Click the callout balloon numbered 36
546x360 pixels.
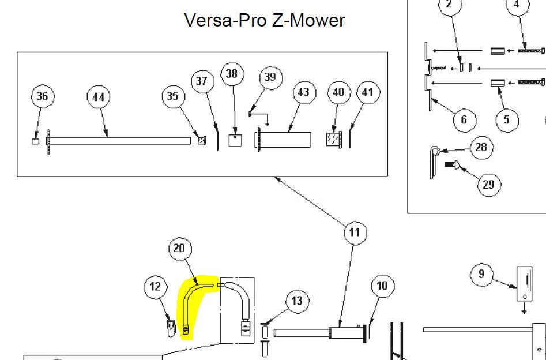43,96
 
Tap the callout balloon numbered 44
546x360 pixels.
98,97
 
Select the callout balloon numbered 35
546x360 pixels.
173,96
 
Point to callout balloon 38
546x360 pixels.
232,74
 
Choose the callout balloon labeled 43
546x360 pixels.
304,92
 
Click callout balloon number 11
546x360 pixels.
355,232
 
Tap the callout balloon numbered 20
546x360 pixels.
180,249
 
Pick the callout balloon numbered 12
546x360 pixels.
155,287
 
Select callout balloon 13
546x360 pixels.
297,301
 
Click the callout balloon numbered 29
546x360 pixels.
488,185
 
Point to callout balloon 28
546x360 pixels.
481,148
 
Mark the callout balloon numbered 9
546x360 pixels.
481,274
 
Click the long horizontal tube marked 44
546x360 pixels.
119,141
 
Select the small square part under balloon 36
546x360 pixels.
36,141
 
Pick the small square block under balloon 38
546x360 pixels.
235,140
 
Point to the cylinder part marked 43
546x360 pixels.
284,140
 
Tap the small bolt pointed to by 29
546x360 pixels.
451,163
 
